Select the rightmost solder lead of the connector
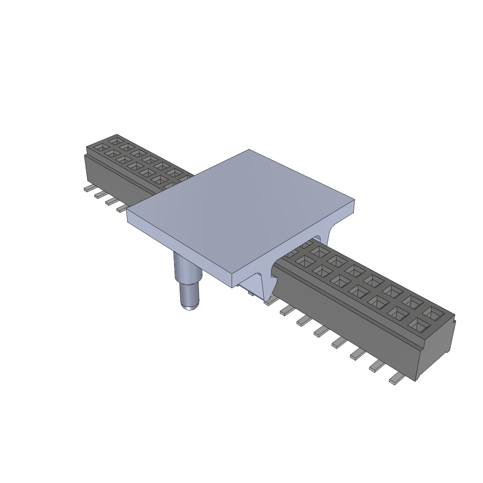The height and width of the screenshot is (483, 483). point(397,379)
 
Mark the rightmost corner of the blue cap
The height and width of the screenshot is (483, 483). point(354,202)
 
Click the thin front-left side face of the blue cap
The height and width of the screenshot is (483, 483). point(179,250)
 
